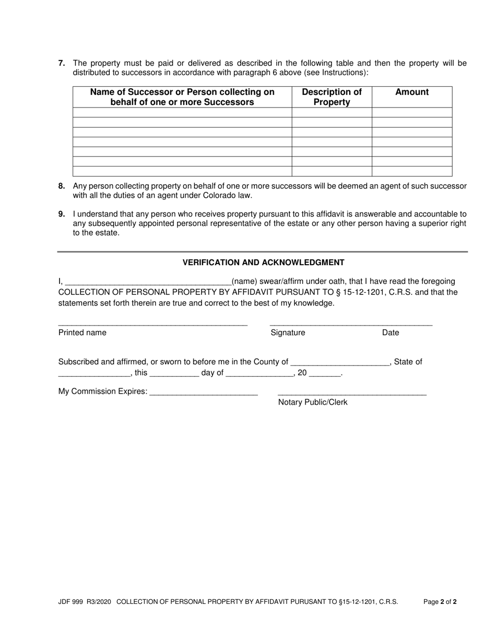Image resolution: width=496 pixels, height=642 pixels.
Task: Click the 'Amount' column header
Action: point(412,92)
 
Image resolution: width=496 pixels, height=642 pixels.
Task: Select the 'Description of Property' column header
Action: point(332,97)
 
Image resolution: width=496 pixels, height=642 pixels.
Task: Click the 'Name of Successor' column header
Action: point(182,97)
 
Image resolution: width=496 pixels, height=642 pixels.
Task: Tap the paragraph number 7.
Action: point(62,64)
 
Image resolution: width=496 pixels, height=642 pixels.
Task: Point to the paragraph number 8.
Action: point(62,186)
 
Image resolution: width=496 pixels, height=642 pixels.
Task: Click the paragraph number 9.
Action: point(62,214)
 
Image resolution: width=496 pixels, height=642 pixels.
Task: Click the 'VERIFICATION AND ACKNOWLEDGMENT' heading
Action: point(263,263)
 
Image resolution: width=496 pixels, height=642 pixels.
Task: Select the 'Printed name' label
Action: point(82,333)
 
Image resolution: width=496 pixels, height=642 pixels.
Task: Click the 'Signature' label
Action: point(288,333)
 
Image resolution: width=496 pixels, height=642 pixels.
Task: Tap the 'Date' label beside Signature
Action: point(391,333)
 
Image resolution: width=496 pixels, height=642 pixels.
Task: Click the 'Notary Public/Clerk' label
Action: point(312,402)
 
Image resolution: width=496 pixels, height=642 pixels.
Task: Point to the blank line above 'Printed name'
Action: point(152,324)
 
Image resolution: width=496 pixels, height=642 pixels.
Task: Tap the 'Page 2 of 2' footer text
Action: point(440,602)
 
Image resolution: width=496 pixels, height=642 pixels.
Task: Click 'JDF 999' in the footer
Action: point(71,602)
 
